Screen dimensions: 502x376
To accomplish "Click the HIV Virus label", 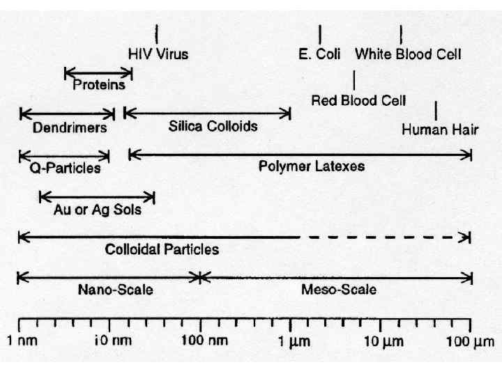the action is [158, 54].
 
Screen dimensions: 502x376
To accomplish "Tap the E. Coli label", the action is [319, 54].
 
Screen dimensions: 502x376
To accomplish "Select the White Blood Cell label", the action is [408, 54].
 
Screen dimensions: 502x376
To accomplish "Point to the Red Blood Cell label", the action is [358, 100].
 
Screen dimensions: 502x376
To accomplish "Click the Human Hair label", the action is [440, 130].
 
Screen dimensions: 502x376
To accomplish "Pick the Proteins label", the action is [99, 85].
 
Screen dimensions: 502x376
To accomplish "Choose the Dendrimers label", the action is [70, 128].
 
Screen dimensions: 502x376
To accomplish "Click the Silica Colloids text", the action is [213, 126].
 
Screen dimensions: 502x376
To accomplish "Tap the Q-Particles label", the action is [65, 168].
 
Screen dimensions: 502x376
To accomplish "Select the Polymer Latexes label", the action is [312, 166].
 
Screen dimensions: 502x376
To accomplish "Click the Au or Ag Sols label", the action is [98, 209].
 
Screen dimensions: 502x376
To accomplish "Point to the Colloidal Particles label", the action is [162, 249].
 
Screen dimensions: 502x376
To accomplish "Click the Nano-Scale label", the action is [116, 290].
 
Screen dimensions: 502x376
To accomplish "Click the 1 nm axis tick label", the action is [22, 343].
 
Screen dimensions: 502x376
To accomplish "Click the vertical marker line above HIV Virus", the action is [157, 33].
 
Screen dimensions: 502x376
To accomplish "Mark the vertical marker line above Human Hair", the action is [436, 110].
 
